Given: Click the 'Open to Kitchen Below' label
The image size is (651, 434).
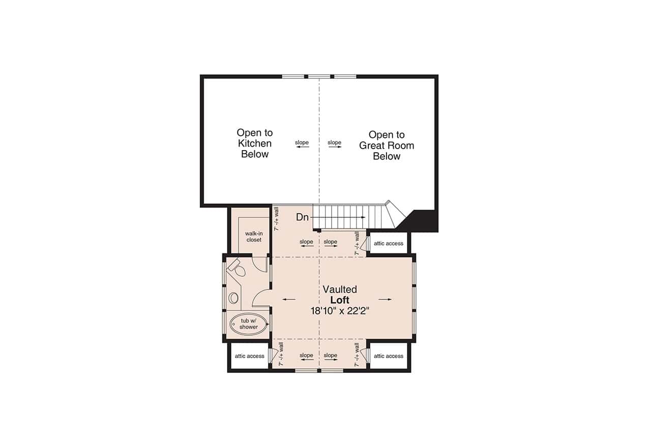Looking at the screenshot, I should coord(254,143).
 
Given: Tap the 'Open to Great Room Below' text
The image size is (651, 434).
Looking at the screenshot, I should coord(387,146).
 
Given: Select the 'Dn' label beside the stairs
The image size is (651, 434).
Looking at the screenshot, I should coord(303,217).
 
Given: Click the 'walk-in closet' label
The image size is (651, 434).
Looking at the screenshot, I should coord(254,237).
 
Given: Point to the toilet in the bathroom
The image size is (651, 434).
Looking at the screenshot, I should coord(236,268).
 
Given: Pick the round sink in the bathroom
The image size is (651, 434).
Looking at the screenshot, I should coord(233,298).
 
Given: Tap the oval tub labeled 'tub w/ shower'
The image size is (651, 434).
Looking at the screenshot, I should coord(249,324).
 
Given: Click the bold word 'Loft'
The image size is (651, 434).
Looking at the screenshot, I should coord(340,300).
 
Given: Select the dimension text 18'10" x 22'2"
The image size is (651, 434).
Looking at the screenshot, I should coord(339,311).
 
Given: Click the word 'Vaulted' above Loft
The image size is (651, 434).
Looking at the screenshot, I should coord(340,290).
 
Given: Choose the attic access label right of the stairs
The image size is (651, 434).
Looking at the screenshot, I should coord(389,244).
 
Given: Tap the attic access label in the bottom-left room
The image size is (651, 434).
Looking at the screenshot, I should coord(250,356).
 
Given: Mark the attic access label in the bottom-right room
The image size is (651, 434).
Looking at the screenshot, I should coord(389,356).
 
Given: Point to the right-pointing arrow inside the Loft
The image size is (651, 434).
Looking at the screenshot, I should coord(385,299).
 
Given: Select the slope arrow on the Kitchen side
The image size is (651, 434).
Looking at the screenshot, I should coord(302,147).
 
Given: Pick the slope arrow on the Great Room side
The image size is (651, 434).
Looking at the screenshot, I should coord(335,147).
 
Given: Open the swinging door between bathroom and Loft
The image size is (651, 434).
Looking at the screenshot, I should coord(261,298).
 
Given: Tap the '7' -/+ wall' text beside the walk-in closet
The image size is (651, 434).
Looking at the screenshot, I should coord(277,221).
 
